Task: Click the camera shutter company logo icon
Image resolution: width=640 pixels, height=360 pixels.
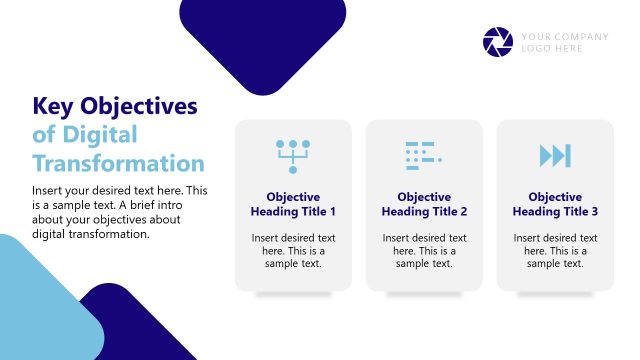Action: click(497, 42)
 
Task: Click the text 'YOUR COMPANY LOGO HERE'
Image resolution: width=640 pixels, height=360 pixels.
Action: click(564, 42)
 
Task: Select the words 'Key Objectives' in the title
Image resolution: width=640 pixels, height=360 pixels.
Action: click(115, 107)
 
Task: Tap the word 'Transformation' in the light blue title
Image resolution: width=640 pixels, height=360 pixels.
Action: click(118, 163)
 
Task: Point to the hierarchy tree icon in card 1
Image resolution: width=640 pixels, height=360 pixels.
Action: click(293, 155)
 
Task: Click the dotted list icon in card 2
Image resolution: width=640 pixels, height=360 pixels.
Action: click(424, 154)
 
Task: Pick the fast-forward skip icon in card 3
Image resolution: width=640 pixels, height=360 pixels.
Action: click(555, 155)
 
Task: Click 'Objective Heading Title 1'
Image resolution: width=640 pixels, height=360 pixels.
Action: click(293, 204)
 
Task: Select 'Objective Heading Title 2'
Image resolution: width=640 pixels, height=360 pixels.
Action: click(424, 204)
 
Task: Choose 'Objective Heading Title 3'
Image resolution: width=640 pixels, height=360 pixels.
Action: click(555, 204)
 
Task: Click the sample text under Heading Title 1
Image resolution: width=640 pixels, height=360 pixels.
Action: click(293, 251)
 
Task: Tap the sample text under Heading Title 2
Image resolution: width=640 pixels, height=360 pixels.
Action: click(424, 251)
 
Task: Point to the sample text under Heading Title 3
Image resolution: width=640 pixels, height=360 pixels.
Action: click(555, 251)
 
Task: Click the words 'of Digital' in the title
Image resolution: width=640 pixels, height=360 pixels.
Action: click(84, 135)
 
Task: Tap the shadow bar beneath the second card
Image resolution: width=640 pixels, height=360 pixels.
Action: click(424, 295)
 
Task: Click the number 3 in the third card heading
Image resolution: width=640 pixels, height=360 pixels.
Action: click(594, 212)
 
